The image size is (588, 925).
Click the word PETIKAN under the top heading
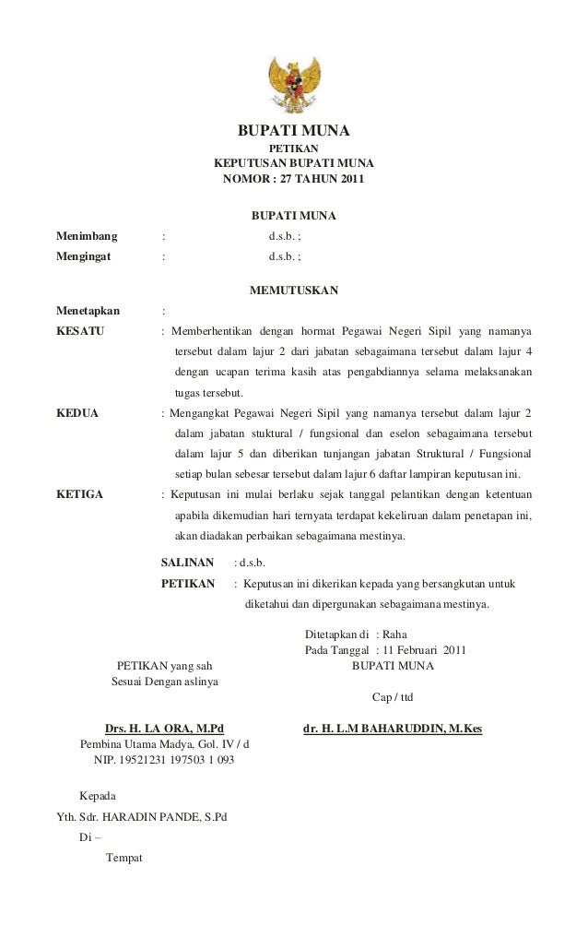coord(293,148)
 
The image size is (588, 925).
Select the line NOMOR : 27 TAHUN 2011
coord(293,178)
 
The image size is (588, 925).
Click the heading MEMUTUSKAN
coord(293,291)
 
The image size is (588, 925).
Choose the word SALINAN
coord(188,562)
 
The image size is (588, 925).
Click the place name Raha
coord(405,634)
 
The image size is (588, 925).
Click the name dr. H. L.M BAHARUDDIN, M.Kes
coord(393,729)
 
